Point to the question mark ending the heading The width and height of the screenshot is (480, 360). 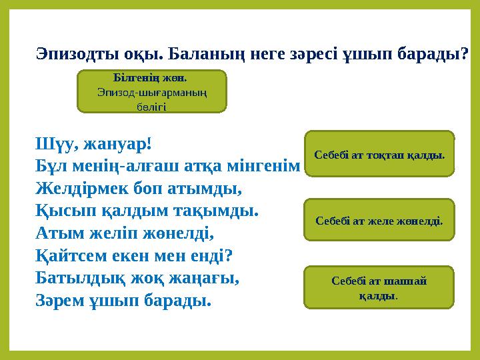point(464,53)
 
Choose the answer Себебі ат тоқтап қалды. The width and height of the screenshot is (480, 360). point(379,155)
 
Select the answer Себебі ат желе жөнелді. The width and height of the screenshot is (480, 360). point(379,219)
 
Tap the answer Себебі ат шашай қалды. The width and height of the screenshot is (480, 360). point(379,287)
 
